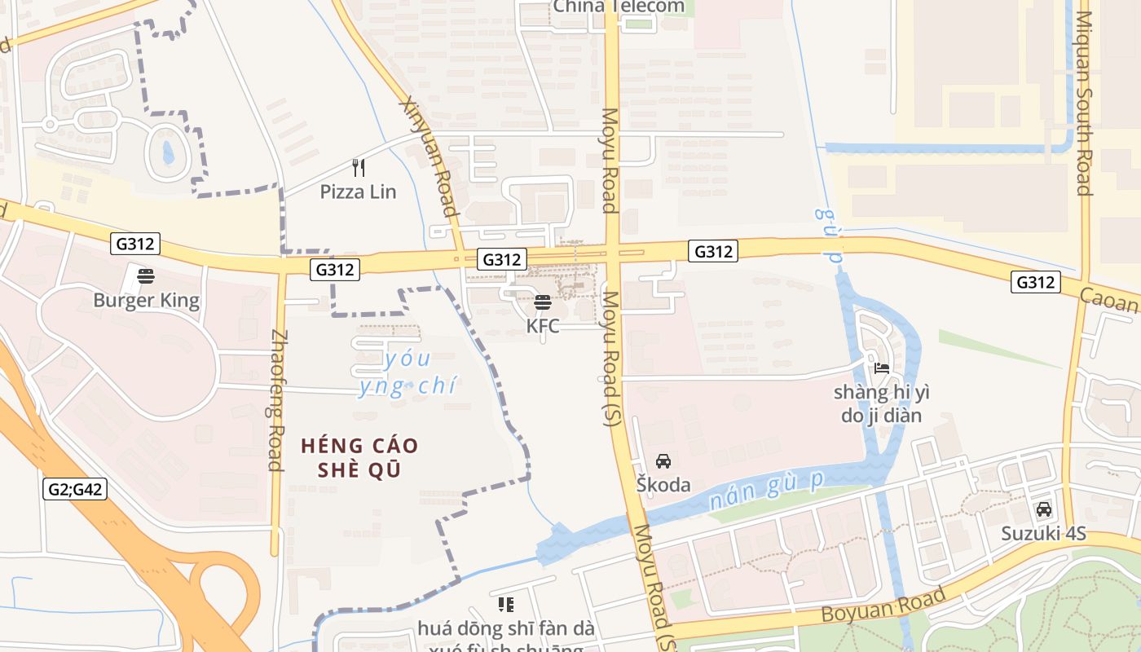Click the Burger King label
(x=146, y=300)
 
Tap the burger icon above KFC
(x=543, y=303)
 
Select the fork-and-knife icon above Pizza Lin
(x=358, y=168)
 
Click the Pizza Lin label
(x=358, y=192)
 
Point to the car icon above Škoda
(x=663, y=461)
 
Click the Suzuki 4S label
(x=1044, y=534)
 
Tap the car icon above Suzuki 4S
(x=1043, y=510)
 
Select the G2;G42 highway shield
(x=75, y=489)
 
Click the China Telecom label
(x=619, y=7)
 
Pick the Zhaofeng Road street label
(x=277, y=400)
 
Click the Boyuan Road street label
(x=883, y=604)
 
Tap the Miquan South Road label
(x=1083, y=104)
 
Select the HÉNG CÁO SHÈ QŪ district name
(x=359, y=458)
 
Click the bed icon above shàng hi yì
(x=881, y=368)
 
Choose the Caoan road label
(x=1109, y=300)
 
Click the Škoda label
(x=663, y=485)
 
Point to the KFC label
(x=543, y=326)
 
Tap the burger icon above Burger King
(x=146, y=276)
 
